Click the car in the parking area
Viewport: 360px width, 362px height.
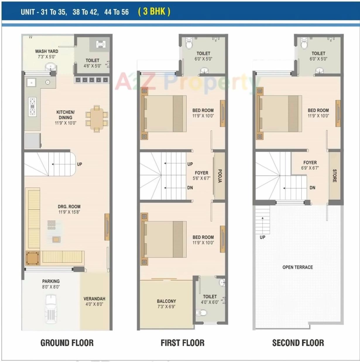click(51, 309)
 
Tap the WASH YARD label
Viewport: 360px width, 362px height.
click(47, 51)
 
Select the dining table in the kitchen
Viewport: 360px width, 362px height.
click(97, 118)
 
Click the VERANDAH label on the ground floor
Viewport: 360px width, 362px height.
click(94, 299)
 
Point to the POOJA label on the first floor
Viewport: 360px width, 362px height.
click(220, 176)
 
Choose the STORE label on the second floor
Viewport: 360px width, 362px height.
click(335, 175)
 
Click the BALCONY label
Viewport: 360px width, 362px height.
click(166, 301)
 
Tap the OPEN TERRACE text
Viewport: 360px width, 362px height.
click(297, 267)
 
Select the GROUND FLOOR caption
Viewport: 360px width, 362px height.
click(67, 343)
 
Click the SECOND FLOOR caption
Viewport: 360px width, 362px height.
click(298, 343)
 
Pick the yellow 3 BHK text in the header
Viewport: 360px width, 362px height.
click(154, 11)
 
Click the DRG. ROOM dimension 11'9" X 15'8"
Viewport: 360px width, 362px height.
click(69, 212)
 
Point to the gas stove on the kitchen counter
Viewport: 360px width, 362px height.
click(32, 107)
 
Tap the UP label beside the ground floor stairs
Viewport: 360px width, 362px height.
click(79, 164)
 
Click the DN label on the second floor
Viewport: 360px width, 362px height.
click(312, 188)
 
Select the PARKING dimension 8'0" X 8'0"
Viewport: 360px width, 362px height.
click(51, 287)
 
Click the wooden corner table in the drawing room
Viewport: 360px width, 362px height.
click(32, 258)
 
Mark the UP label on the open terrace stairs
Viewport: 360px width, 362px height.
click(262, 237)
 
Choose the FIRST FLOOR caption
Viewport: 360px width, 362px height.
click(182, 343)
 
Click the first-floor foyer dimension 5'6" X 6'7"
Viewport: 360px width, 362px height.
click(201, 178)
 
